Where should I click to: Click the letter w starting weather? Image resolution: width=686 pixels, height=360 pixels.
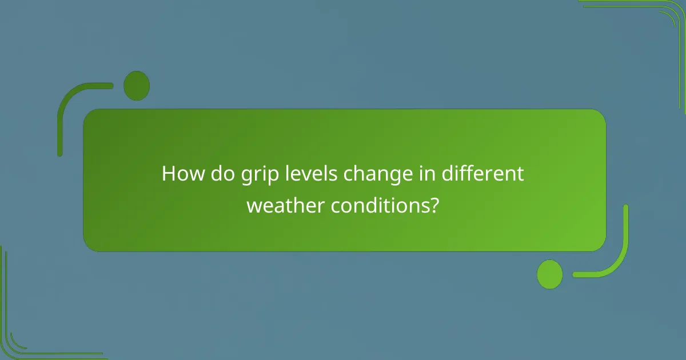pyautogui.click(x=254, y=206)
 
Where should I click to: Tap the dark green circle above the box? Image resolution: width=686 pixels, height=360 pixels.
pyautogui.click(x=137, y=86)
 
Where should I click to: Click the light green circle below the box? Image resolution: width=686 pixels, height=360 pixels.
pyautogui.click(x=550, y=274)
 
